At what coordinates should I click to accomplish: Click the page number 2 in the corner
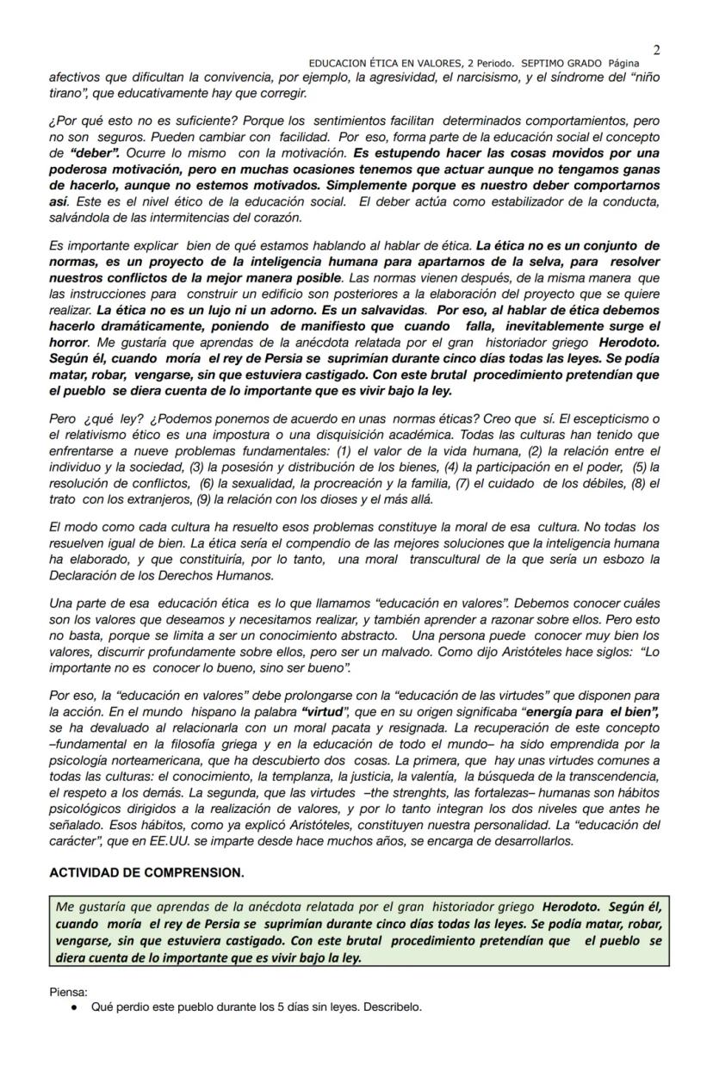click(657, 50)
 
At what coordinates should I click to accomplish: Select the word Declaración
click(83, 575)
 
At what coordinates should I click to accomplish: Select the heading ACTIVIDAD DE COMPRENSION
click(146, 872)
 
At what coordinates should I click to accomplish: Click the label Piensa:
click(69, 992)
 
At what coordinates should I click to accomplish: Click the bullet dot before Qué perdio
click(75, 1006)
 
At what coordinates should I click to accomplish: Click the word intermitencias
click(164, 217)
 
